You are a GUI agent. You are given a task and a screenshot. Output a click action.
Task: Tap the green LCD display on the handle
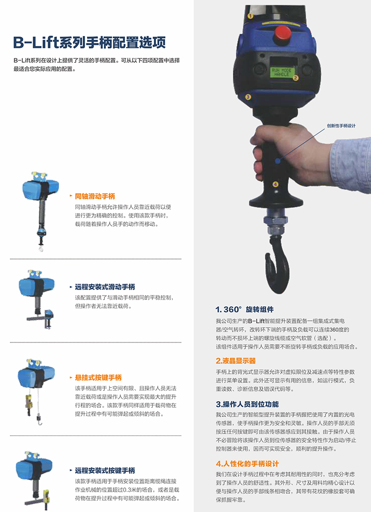[282, 72]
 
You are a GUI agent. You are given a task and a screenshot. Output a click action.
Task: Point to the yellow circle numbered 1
[251, 15]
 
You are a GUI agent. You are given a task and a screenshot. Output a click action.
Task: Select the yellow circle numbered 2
[296, 78]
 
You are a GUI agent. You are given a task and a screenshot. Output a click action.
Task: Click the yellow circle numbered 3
[248, 97]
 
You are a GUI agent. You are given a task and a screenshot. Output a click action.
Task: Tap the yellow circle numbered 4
[276, 184]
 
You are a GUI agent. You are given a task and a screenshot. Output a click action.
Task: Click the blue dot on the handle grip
[278, 160]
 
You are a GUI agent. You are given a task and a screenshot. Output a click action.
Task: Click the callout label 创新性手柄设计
[341, 126]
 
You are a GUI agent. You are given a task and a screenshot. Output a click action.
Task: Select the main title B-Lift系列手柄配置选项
[89, 43]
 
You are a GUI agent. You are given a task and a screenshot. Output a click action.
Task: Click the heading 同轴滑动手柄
[94, 196]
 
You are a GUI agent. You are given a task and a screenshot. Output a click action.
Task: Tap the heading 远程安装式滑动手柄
[105, 287]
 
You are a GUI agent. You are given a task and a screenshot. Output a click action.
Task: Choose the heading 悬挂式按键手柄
[98, 378]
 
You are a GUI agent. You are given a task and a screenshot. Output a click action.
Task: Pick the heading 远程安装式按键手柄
[105, 470]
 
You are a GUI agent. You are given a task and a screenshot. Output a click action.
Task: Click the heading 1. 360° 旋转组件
[244, 310]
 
